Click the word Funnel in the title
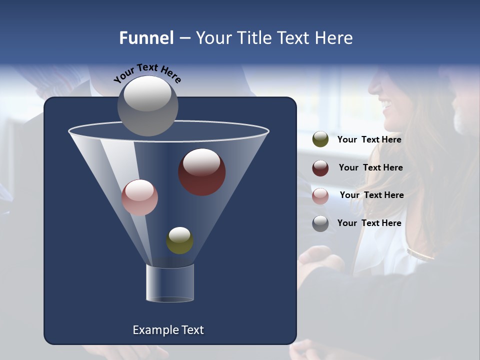146,38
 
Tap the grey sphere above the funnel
147,105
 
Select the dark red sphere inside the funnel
202,171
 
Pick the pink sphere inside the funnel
139,197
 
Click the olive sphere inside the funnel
179,240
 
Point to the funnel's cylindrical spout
170,283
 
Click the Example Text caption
168,330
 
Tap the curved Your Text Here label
147,73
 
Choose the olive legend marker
320,139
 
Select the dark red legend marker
320,168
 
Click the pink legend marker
320,195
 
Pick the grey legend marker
320,223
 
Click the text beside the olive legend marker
369,139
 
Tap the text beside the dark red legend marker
370,167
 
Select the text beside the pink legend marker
371,195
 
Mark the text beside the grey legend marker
369,223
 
